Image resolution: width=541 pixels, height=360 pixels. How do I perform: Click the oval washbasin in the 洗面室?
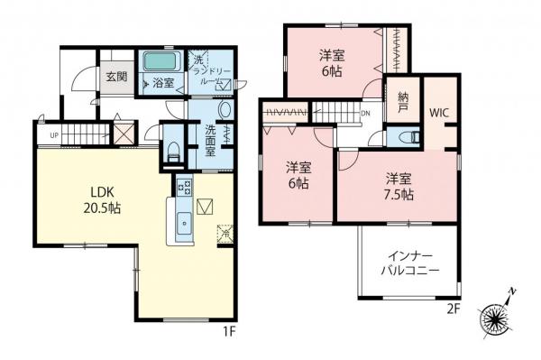pos(225,111)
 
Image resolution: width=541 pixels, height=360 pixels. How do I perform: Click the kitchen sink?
pos(183,221)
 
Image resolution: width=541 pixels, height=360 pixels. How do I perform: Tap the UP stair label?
pos(55,136)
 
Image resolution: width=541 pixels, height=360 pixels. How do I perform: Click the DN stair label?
pos(365,114)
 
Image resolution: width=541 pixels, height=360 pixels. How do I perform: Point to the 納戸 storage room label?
pos(403,103)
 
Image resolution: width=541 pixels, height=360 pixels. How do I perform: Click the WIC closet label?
pos(440,114)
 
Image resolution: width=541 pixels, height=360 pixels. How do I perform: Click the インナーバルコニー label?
pos(408,263)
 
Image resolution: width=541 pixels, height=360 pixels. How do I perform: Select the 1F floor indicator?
pos(230,331)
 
